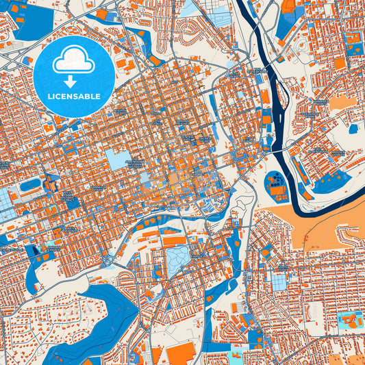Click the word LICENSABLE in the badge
75,97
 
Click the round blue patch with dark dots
275,184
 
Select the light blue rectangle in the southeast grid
280,281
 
